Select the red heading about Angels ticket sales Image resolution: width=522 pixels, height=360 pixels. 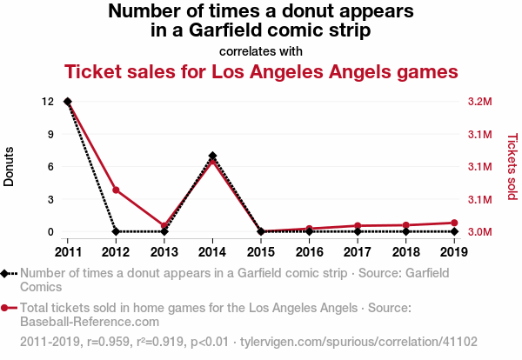[x=260, y=71]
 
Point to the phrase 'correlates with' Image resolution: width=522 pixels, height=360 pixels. [x=260, y=50]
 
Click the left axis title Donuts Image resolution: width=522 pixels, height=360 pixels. [x=10, y=166]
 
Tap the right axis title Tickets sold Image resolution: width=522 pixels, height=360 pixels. [x=512, y=166]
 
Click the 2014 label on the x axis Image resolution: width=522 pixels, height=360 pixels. [x=212, y=250]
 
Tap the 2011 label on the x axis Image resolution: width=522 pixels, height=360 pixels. [x=67, y=250]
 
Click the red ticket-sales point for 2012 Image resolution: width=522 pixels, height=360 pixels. [x=116, y=190]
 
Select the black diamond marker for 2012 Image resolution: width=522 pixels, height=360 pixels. [x=116, y=231]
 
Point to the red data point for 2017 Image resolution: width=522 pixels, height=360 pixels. [x=358, y=225]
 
